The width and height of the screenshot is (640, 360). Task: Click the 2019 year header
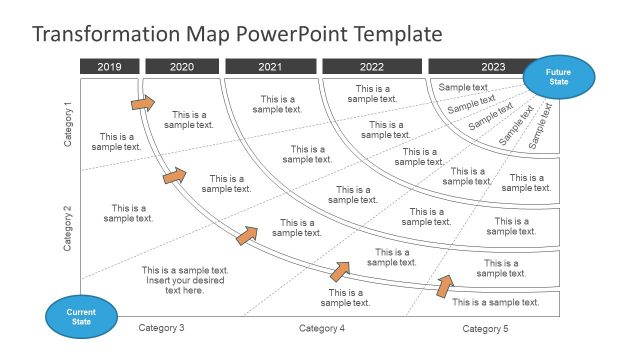(x=109, y=67)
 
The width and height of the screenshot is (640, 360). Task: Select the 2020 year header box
(x=182, y=67)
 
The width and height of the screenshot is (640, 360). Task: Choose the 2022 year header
(x=372, y=67)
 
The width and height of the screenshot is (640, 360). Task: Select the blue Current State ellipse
(x=81, y=317)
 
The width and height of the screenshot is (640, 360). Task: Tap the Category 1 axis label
(x=68, y=125)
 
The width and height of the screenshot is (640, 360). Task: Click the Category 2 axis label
(x=68, y=228)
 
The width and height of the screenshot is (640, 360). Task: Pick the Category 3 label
(x=161, y=328)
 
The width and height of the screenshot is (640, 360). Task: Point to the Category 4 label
(x=322, y=328)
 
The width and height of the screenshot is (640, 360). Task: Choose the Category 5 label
(x=485, y=328)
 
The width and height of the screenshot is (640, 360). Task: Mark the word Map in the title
(x=213, y=34)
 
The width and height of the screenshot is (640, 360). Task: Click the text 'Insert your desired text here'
(x=185, y=286)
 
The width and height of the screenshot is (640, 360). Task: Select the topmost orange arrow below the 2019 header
(x=143, y=102)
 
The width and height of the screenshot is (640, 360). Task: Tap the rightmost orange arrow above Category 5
(x=443, y=286)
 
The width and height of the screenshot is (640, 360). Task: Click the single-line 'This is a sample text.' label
(x=496, y=302)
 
